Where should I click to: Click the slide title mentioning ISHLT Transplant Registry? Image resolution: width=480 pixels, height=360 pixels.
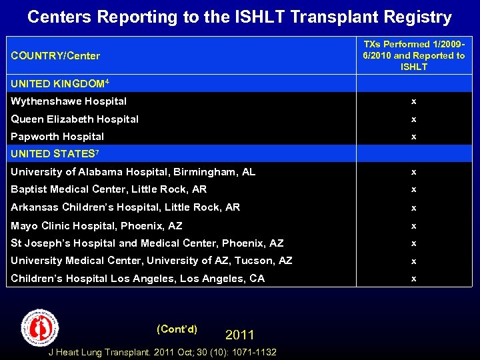pos(239,17)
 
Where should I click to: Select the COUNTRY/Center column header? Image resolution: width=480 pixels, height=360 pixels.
pos(55,55)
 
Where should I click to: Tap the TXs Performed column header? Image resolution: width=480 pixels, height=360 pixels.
pos(413,55)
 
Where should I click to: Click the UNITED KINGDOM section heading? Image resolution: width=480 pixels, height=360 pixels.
pos(59,84)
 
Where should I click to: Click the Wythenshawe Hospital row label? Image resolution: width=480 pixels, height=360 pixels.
pos(69,101)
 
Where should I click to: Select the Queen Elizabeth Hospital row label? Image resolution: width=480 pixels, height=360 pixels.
pos(75,119)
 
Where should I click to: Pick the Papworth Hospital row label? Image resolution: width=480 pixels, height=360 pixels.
pos(57,137)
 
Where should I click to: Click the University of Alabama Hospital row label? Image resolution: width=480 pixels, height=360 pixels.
pos(133,172)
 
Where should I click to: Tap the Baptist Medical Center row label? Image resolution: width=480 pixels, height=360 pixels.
pos(109,189)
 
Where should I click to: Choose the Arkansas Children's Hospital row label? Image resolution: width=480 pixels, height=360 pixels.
pos(125,207)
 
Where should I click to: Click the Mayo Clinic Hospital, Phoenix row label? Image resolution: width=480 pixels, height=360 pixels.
pos(96,226)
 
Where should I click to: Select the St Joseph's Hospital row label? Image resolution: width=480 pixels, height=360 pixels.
pos(147,243)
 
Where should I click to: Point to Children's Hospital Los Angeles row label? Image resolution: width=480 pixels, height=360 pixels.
pos(137,279)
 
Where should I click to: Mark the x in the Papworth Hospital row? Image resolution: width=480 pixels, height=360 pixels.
pos(413,137)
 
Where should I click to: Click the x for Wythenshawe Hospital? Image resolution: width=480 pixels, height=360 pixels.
pos(413,101)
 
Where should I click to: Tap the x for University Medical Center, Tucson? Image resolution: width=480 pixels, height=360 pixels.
pos(413,261)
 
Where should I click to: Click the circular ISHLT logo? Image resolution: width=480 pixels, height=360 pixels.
pos(41,327)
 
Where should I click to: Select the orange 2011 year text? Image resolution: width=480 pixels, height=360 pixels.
pos(239,334)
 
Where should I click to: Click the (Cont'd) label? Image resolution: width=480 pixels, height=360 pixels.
pos(177,329)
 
